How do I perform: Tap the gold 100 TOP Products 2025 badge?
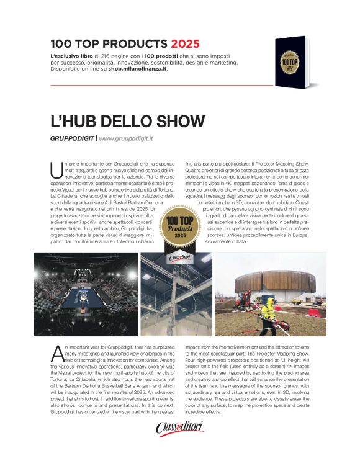(179, 227)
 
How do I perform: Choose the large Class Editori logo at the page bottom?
(180, 428)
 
